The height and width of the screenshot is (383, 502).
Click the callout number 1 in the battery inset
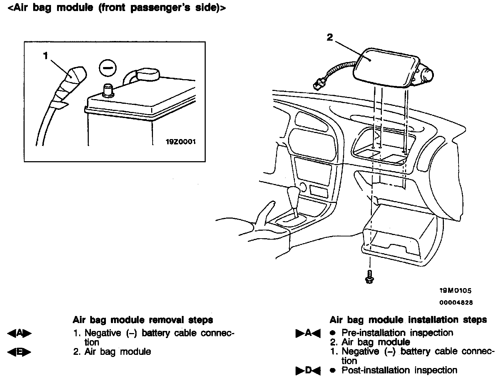pyautogui.click(x=45, y=56)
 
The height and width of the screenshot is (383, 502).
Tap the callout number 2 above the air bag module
pyautogui.click(x=330, y=37)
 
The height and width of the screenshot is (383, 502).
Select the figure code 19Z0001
pyautogui.click(x=181, y=142)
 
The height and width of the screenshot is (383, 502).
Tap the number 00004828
pyautogui.click(x=456, y=302)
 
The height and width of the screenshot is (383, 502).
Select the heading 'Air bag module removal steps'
pyautogui.click(x=143, y=320)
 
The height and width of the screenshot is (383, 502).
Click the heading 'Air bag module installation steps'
pyautogui.click(x=408, y=320)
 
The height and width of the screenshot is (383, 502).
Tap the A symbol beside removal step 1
pyautogui.click(x=19, y=333)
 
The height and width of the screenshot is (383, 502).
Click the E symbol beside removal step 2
pyautogui.click(x=19, y=352)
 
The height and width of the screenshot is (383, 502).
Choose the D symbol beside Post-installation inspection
pyautogui.click(x=308, y=371)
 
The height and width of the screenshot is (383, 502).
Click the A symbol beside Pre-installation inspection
pyautogui.click(x=308, y=333)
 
